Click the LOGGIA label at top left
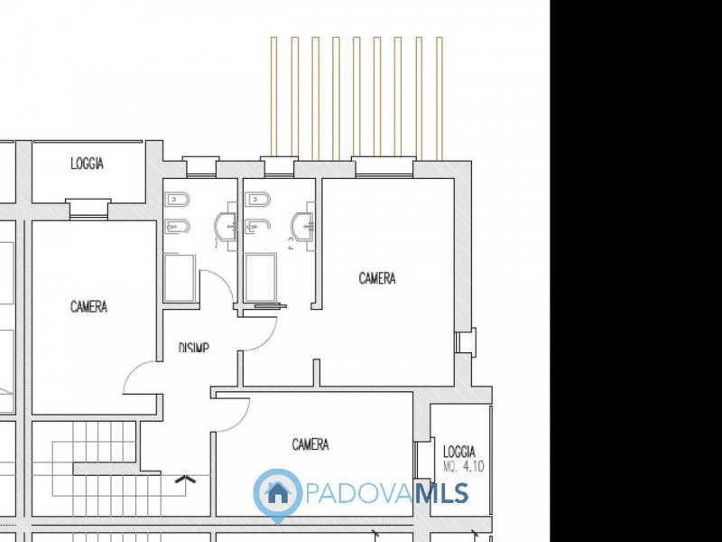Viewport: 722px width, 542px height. [87, 164]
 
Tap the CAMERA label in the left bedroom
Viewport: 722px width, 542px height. [88, 307]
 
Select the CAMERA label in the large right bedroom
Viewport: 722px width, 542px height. [377, 278]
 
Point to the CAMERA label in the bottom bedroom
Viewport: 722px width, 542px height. [310, 444]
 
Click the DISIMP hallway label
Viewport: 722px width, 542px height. [194, 347]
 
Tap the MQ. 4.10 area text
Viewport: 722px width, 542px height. [465, 468]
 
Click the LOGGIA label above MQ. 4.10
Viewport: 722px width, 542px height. [459, 452]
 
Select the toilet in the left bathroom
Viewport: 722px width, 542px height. [177, 200]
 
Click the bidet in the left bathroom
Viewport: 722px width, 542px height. [177, 226]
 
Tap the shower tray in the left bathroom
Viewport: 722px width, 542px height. [179, 278]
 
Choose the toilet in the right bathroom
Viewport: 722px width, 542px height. [257, 200]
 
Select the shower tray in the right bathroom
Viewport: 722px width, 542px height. [261, 278]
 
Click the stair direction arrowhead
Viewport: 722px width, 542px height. [186, 479]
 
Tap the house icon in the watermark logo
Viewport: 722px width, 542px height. [277, 493]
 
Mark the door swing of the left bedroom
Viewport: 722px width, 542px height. [140, 375]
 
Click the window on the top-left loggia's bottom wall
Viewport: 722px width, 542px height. [88, 208]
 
